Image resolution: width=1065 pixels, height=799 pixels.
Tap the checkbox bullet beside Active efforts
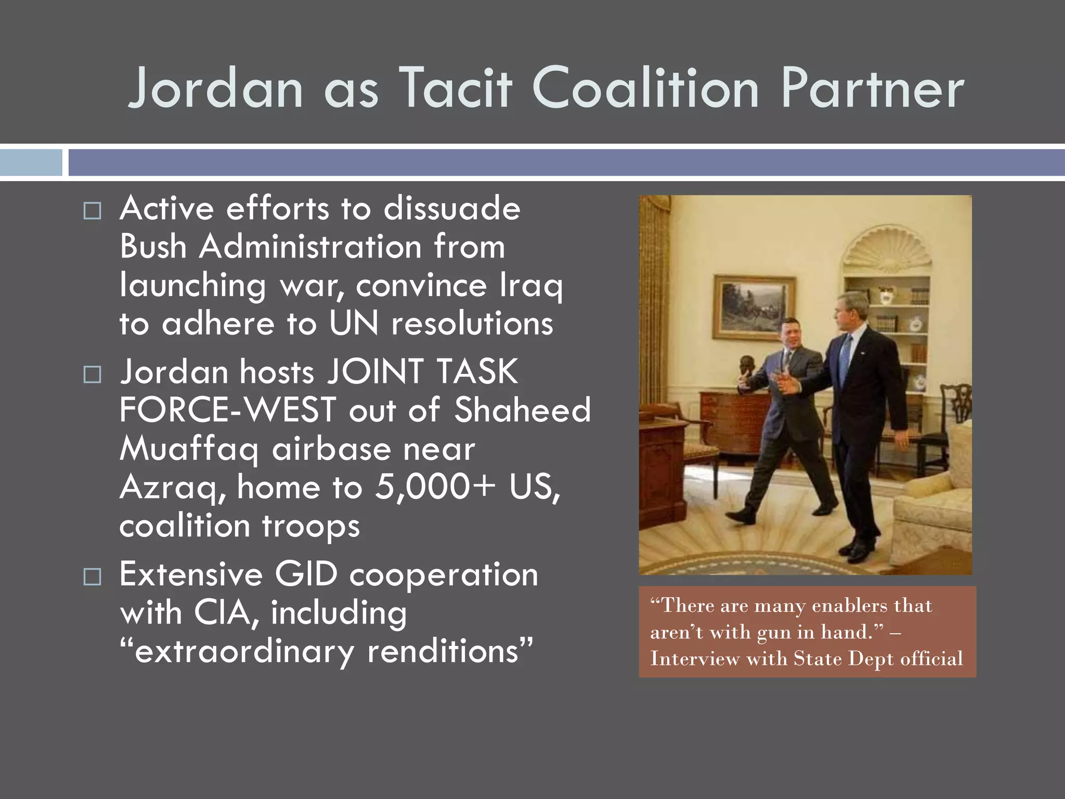(92, 211)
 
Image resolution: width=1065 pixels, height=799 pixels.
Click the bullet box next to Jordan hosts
(92, 374)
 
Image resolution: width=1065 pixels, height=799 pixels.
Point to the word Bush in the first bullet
(153, 247)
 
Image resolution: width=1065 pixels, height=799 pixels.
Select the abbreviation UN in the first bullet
(354, 324)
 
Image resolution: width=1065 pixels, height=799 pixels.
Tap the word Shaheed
(523, 410)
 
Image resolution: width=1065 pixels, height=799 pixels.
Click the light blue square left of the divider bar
(31, 163)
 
